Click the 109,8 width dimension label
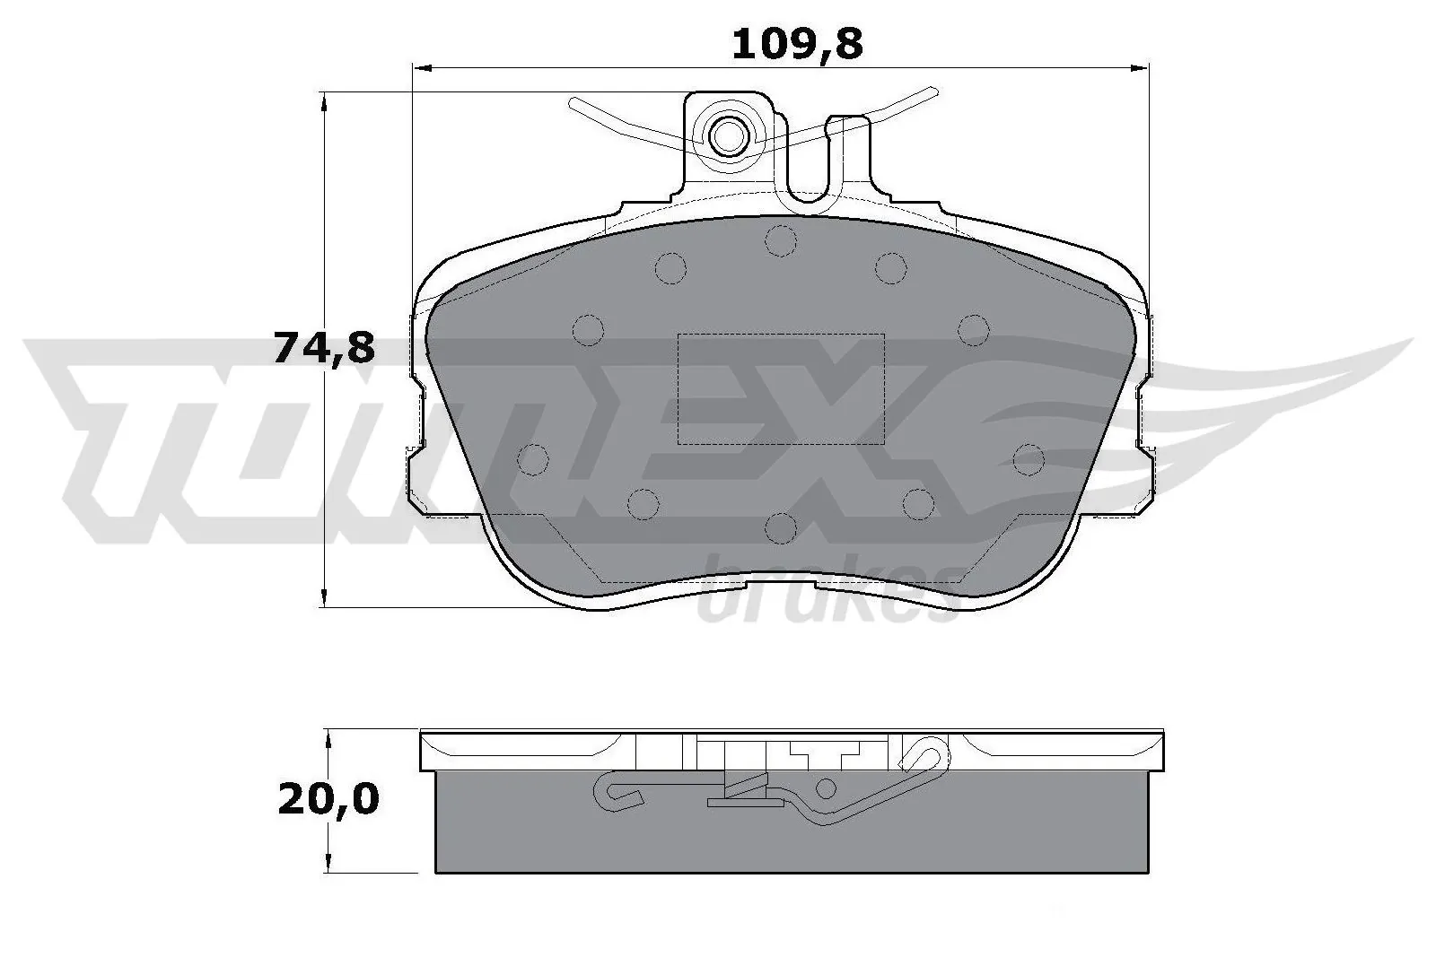click(x=797, y=43)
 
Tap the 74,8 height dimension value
click(x=323, y=348)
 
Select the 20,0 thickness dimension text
click(x=328, y=799)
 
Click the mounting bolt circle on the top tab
click(x=728, y=136)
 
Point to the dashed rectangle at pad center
click(x=780, y=388)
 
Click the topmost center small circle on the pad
click(x=781, y=239)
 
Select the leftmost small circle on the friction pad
click(x=533, y=459)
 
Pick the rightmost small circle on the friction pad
click(x=1029, y=459)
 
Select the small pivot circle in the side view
click(x=827, y=788)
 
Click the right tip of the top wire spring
click(x=933, y=90)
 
